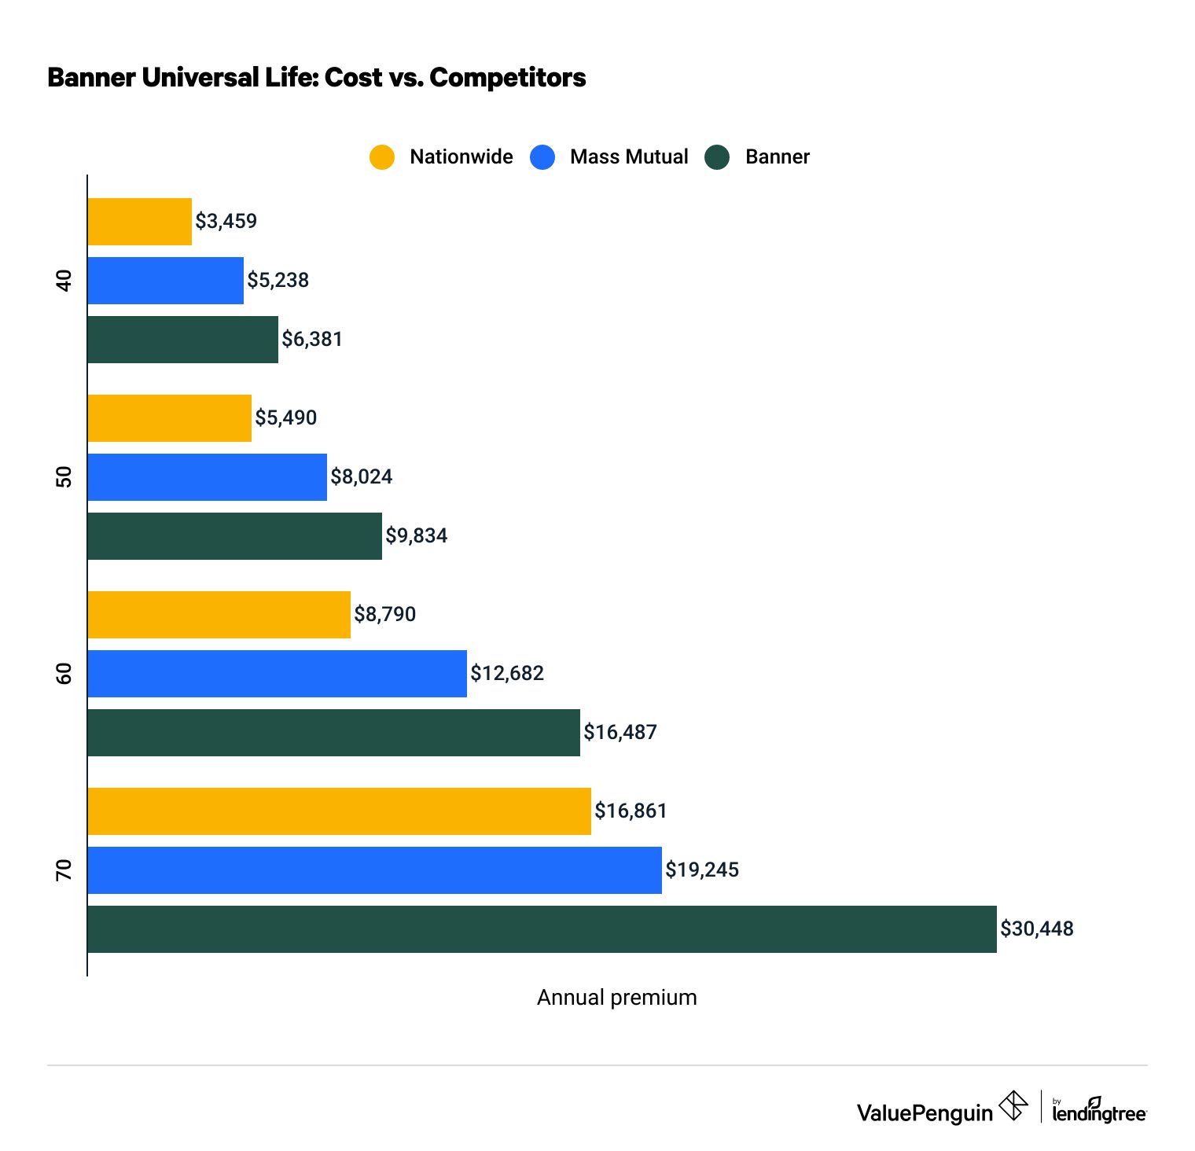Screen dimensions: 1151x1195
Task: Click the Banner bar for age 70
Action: coord(542,929)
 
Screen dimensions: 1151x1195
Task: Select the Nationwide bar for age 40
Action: coord(139,221)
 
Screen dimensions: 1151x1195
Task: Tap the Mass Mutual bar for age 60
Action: coord(277,673)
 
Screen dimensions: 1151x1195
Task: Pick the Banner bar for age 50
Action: coord(234,535)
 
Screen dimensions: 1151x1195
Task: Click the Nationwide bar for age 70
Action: coord(339,811)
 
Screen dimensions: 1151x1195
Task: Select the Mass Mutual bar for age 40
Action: coord(165,280)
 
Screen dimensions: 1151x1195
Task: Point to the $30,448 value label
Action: coord(1036,929)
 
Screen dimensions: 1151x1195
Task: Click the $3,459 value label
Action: coord(226,221)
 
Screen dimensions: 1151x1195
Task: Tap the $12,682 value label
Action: coord(507,673)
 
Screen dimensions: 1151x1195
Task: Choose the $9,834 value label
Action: coord(416,535)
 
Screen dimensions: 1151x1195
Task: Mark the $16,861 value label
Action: coord(631,811)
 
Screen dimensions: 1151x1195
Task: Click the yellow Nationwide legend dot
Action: coord(382,156)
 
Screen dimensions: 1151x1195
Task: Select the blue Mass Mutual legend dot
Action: coord(542,156)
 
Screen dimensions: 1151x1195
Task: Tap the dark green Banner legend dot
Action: coord(718,156)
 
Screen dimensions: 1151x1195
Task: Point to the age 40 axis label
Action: coord(64,280)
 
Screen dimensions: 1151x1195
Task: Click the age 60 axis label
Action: coord(64,673)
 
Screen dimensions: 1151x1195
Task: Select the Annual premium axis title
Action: coord(616,997)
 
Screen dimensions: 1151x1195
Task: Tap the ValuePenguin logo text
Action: coord(925,1112)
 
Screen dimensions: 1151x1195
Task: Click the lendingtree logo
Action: coord(1098,1111)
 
